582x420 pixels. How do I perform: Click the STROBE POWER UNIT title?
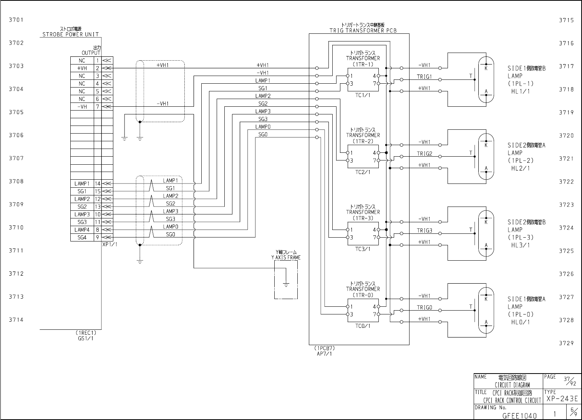coord(70,34)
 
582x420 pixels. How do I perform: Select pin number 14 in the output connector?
coord(98,184)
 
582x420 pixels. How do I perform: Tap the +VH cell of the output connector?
coord(82,68)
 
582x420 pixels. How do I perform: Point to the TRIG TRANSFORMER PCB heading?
coord(363,30)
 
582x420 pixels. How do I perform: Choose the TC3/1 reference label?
coord(363,249)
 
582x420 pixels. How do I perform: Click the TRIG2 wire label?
coord(424,154)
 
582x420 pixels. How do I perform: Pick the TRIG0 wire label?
coord(424,308)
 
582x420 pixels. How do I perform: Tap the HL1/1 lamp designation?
coord(520,91)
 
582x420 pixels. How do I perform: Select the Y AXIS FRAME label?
coord(286,258)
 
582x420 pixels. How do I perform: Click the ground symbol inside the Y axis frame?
coord(286,284)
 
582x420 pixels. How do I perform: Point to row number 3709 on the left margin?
coord(16,204)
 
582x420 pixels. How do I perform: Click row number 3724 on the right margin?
coord(566,228)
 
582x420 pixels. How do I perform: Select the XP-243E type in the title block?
coord(562,399)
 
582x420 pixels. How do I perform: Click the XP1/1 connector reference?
coord(109,244)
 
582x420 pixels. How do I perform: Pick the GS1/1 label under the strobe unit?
coord(85,338)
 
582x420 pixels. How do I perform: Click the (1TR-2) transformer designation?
coord(363,141)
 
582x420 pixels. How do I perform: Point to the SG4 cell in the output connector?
coord(82,238)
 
